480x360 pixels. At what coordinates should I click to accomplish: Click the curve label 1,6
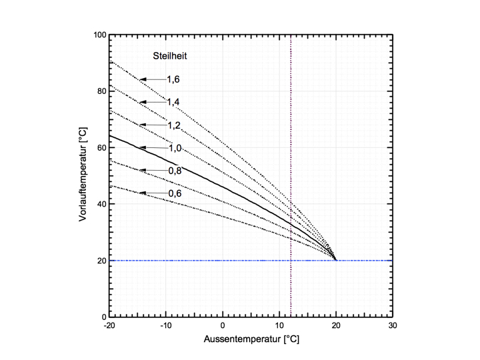tap(173, 79)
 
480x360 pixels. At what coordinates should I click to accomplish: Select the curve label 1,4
tap(173, 102)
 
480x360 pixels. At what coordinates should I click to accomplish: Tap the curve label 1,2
tap(173, 125)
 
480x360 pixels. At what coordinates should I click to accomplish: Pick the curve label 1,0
tap(173, 147)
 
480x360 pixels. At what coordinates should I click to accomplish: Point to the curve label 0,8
tap(173, 171)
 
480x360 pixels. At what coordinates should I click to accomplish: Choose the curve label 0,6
tap(173, 193)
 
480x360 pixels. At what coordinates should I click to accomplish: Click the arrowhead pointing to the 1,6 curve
tap(143, 79)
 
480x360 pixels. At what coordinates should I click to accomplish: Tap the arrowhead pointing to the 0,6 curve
tap(143, 193)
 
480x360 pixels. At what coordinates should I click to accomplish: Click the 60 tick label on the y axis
tap(99, 147)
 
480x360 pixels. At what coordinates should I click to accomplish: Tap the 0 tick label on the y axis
tap(102, 317)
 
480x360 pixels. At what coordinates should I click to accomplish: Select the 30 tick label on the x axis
tap(393, 326)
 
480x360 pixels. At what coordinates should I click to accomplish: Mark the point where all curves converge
tap(335, 259)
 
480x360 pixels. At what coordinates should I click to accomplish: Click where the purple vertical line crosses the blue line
tap(291, 260)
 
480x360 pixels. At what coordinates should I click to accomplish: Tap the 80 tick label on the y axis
tap(99, 91)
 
